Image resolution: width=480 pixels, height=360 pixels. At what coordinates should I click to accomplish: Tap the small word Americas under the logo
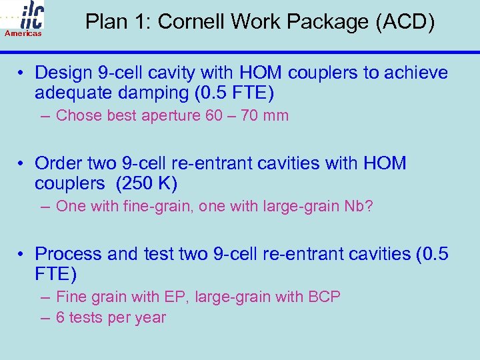point(23,33)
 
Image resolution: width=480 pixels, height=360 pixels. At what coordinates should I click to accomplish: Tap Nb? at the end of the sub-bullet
point(359,207)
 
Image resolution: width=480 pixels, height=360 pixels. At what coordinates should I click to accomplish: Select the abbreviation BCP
point(324,297)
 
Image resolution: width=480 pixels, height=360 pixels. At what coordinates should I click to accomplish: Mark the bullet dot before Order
point(22,163)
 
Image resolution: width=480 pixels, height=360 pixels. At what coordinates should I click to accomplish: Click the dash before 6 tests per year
point(45,318)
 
